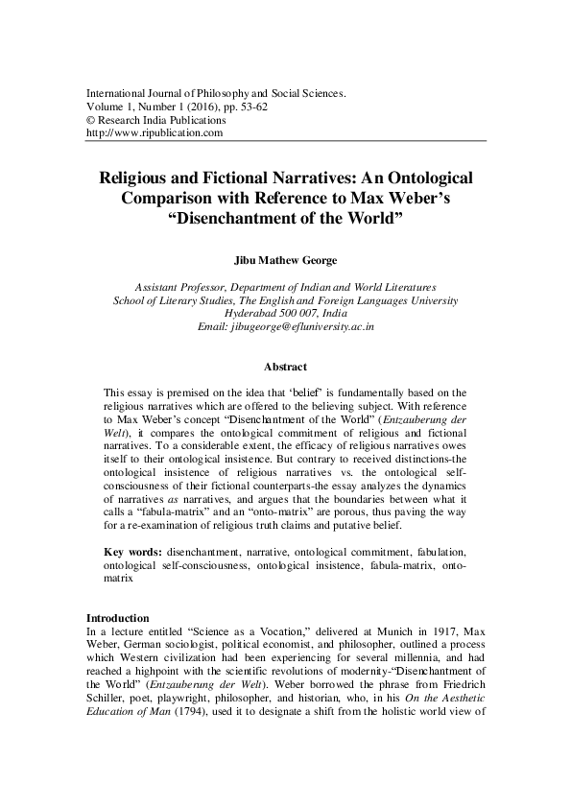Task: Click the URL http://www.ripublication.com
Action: (x=155, y=133)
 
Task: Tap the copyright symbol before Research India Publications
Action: (x=90, y=121)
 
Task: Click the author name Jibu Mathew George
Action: (x=285, y=259)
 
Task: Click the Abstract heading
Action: (x=285, y=367)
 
